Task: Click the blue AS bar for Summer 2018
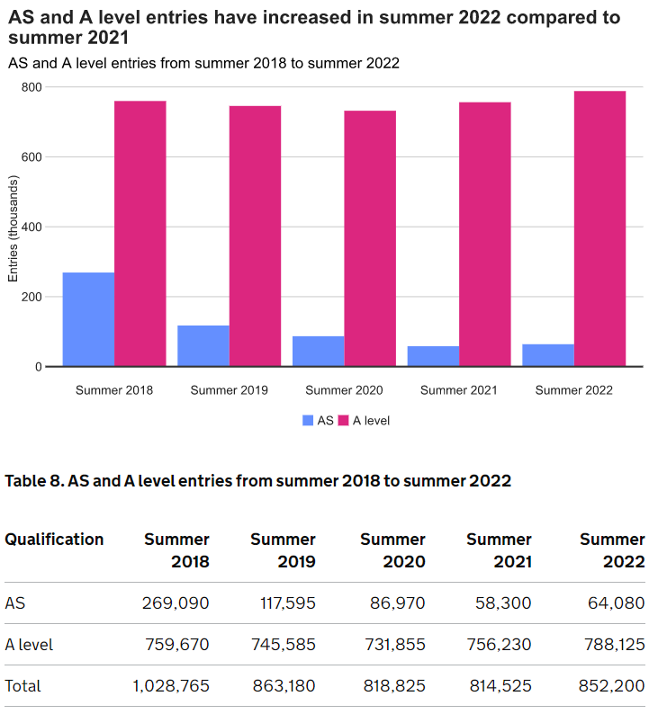[88, 319]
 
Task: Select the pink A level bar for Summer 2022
[599, 228]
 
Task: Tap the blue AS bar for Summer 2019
[203, 346]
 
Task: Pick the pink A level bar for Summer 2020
[370, 238]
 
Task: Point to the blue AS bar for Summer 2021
[433, 356]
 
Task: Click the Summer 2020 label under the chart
[344, 390]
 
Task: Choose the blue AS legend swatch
[309, 420]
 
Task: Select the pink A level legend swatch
[343, 420]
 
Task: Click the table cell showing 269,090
[176, 602]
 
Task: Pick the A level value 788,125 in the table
[612, 644]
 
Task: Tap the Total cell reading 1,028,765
[171, 685]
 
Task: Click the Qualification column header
[54, 540]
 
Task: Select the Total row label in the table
[23, 685]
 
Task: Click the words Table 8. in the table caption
[34, 481]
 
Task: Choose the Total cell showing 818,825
[393, 685]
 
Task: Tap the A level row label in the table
[29, 644]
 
